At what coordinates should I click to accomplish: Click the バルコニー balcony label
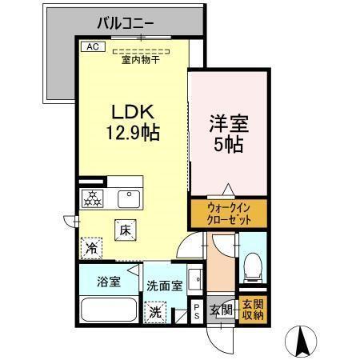point(133,22)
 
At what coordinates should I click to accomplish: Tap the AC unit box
point(91,46)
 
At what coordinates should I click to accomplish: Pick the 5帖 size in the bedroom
point(228,147)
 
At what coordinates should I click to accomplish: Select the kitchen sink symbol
point(126,197)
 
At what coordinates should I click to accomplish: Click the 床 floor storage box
point(126,230)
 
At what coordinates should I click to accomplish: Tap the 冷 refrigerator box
point(92,248)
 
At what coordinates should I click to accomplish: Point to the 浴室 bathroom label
point(109,282)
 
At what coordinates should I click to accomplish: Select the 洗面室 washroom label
point(164,286)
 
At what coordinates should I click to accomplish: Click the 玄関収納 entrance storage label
point(252,310)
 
